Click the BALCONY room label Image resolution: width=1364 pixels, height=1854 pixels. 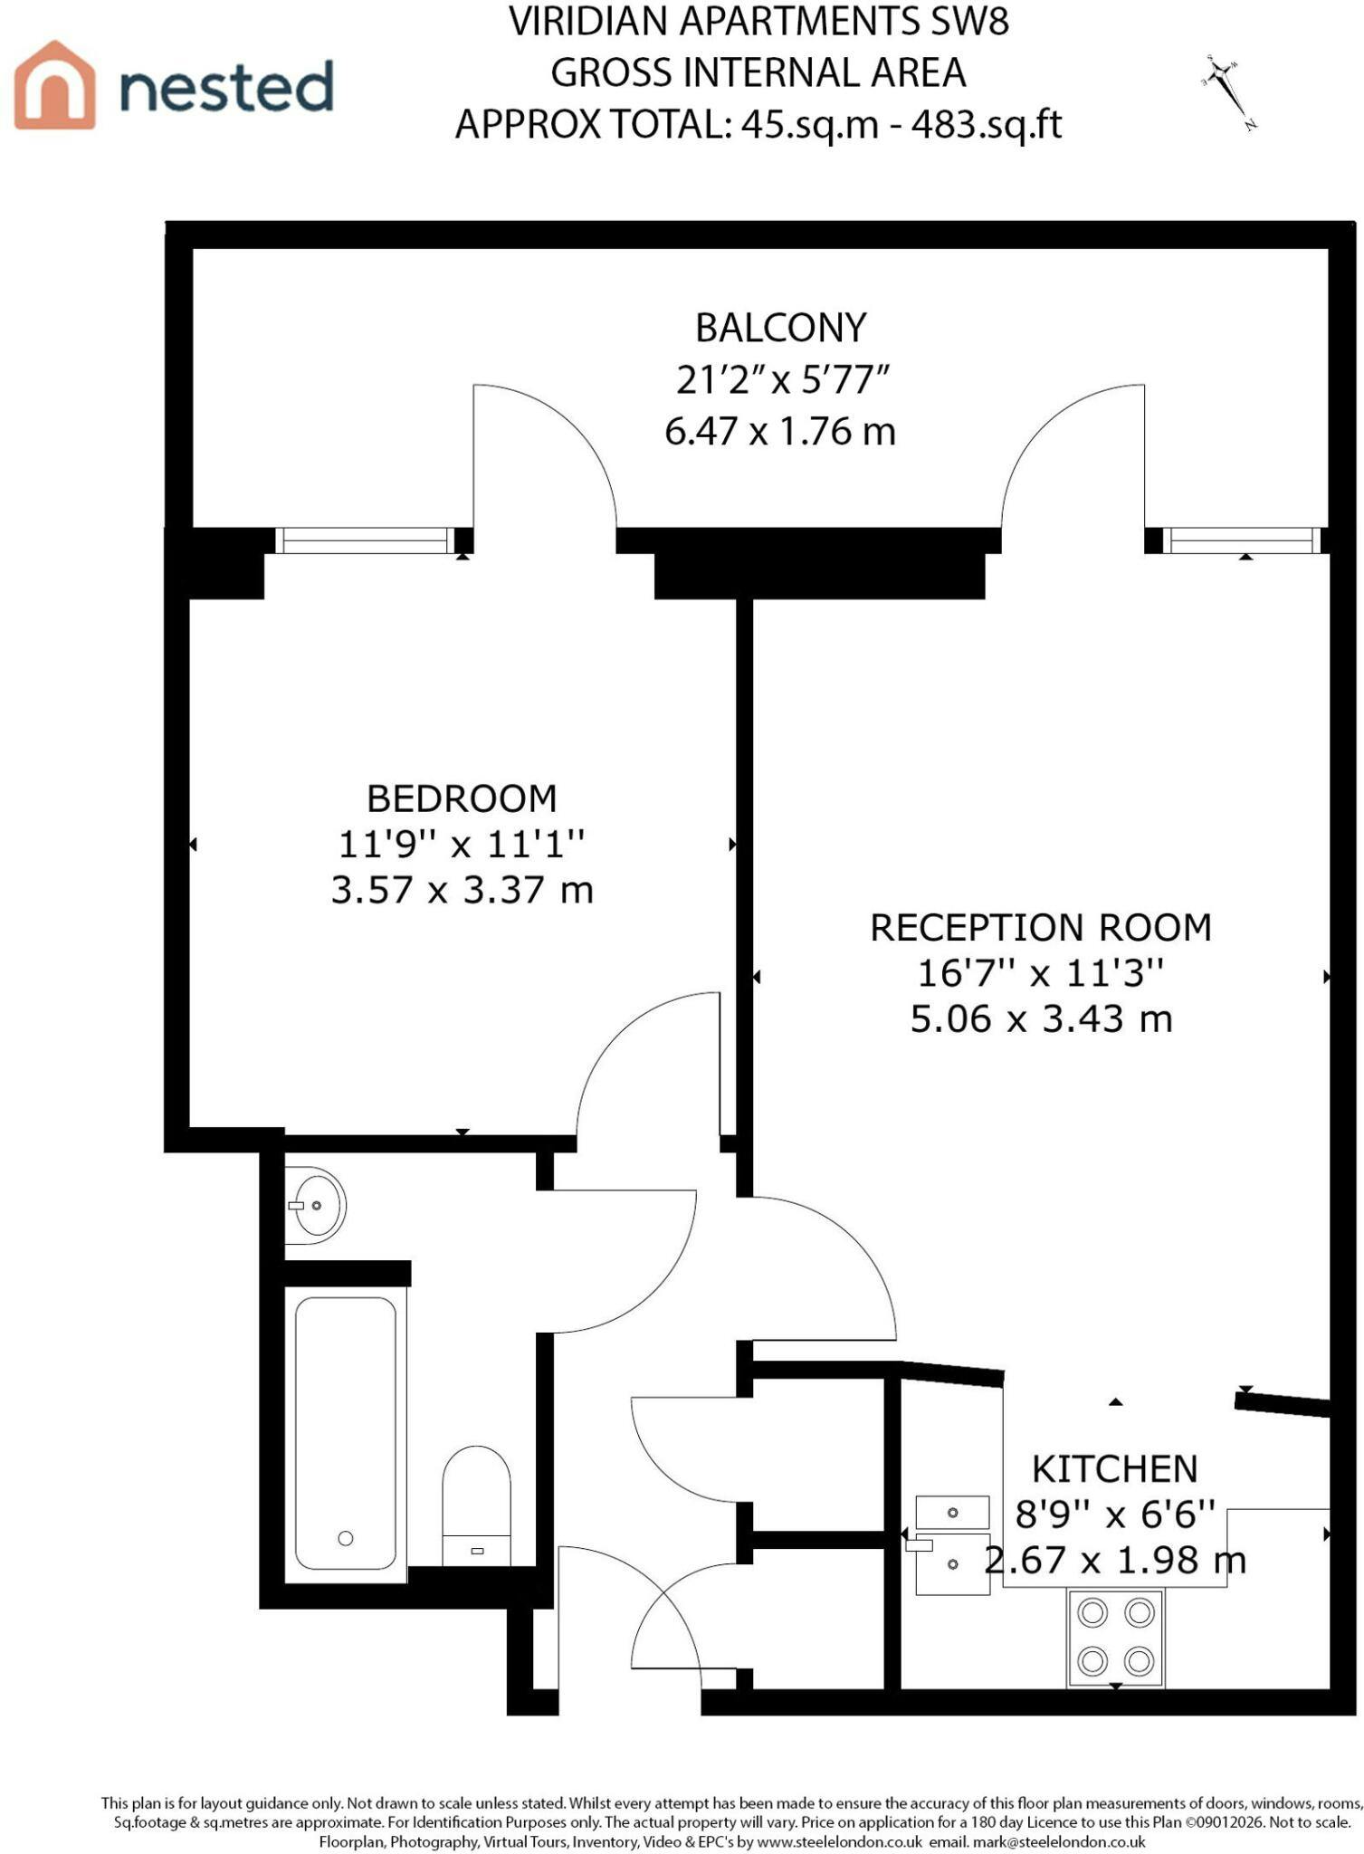click(780, 328)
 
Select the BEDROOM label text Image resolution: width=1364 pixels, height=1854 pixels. click(462, 798)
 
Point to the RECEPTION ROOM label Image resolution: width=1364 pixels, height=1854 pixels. click(1041, 928)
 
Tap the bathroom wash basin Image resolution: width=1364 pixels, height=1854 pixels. click(315, 1206)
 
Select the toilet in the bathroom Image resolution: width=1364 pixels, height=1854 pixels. click(476, 1505)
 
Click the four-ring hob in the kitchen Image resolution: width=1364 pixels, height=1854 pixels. click(1116, 1637)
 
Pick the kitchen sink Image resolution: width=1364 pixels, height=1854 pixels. click(952, 1545)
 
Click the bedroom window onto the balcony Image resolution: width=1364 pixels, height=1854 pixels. click(365, 540)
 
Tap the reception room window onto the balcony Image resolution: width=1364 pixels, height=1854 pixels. click(1241, 540)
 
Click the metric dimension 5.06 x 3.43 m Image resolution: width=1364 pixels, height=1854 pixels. click(1041, 1019)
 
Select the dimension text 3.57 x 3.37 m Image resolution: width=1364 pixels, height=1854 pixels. click(462, 890)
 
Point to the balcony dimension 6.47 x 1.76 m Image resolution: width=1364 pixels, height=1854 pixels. click(780, 431)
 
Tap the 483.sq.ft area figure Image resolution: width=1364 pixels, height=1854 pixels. click(987, 124)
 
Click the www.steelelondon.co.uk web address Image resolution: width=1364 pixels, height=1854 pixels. click(839, 1841)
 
